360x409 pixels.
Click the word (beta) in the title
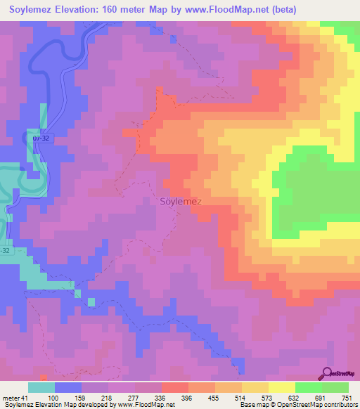click(282, 10)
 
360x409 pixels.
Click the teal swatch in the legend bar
click(41, 387)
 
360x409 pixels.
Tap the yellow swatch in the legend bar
click(281, 387)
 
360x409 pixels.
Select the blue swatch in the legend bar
click(68, 387)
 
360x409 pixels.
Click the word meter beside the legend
click(11, 398)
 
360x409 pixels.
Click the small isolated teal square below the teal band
click(91, 301)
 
